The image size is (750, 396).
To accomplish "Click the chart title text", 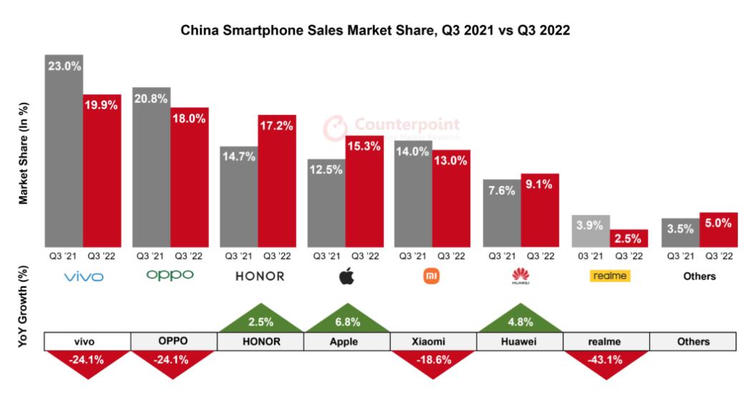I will (x=375, y=31).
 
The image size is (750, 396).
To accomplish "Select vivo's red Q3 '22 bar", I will (x=102, y=172).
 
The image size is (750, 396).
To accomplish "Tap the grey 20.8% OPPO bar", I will (x=151, y=168).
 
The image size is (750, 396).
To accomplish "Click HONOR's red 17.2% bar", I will (x=277, y=182).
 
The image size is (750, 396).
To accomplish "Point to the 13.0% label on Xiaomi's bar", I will (x=452, y=161).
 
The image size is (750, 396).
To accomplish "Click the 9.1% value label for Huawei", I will (x=540, y=184).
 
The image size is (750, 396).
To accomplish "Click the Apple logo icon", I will (x=346, y=276).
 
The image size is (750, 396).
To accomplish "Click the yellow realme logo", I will (x=609, y=276).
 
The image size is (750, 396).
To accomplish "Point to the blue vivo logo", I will (x=83, y=277).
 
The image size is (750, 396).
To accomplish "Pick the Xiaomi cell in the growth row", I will (x=434, y=342).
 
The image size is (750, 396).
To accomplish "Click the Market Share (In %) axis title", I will (x=23, y=153).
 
